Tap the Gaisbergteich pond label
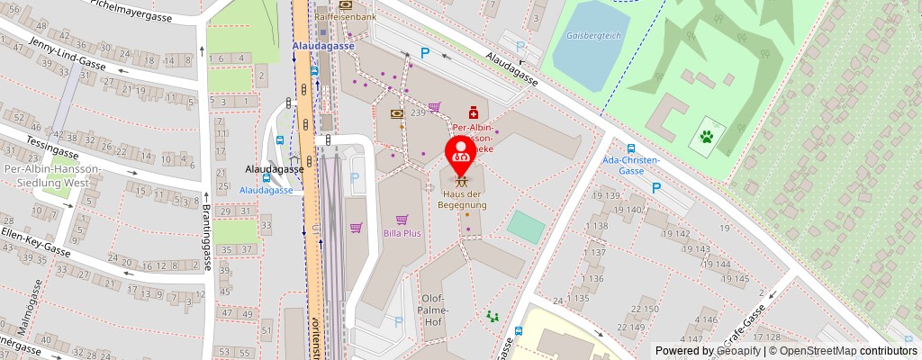pos(577,37)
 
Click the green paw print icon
pos(707,138)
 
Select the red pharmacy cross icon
pos(473,115)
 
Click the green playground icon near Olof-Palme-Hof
pos(492,316)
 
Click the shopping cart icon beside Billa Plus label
pos(402,219)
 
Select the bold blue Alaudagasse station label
pos(323,45)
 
